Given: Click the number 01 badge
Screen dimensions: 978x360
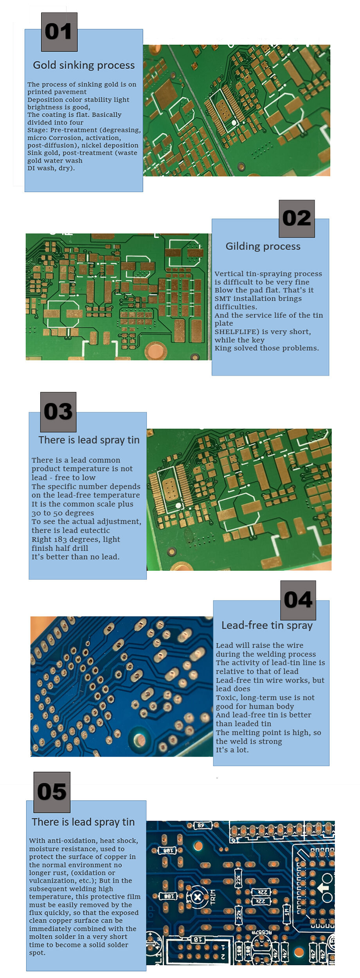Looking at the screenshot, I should tap(59, 32).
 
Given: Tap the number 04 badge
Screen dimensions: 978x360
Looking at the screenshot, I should tap(298, 600).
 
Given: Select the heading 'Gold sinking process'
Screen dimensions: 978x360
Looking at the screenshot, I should tap(84, 65).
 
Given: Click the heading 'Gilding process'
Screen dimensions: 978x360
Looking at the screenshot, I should tap(263, 246).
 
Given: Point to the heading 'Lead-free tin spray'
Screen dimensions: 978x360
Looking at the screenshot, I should tap(267, 625).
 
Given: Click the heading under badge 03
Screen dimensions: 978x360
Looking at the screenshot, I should tap(89, 440).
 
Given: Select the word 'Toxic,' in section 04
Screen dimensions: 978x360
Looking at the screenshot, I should tap(226, 698).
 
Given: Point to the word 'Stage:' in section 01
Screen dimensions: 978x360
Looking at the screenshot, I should tap(38, 130).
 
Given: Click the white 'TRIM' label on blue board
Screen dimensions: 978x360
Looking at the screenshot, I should tap(213, 896).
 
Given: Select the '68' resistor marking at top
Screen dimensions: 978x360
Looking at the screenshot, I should tap(200, 825).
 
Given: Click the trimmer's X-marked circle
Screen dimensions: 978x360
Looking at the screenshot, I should tap(198, 897).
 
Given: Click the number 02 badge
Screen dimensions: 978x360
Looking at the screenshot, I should tap(297, 218).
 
